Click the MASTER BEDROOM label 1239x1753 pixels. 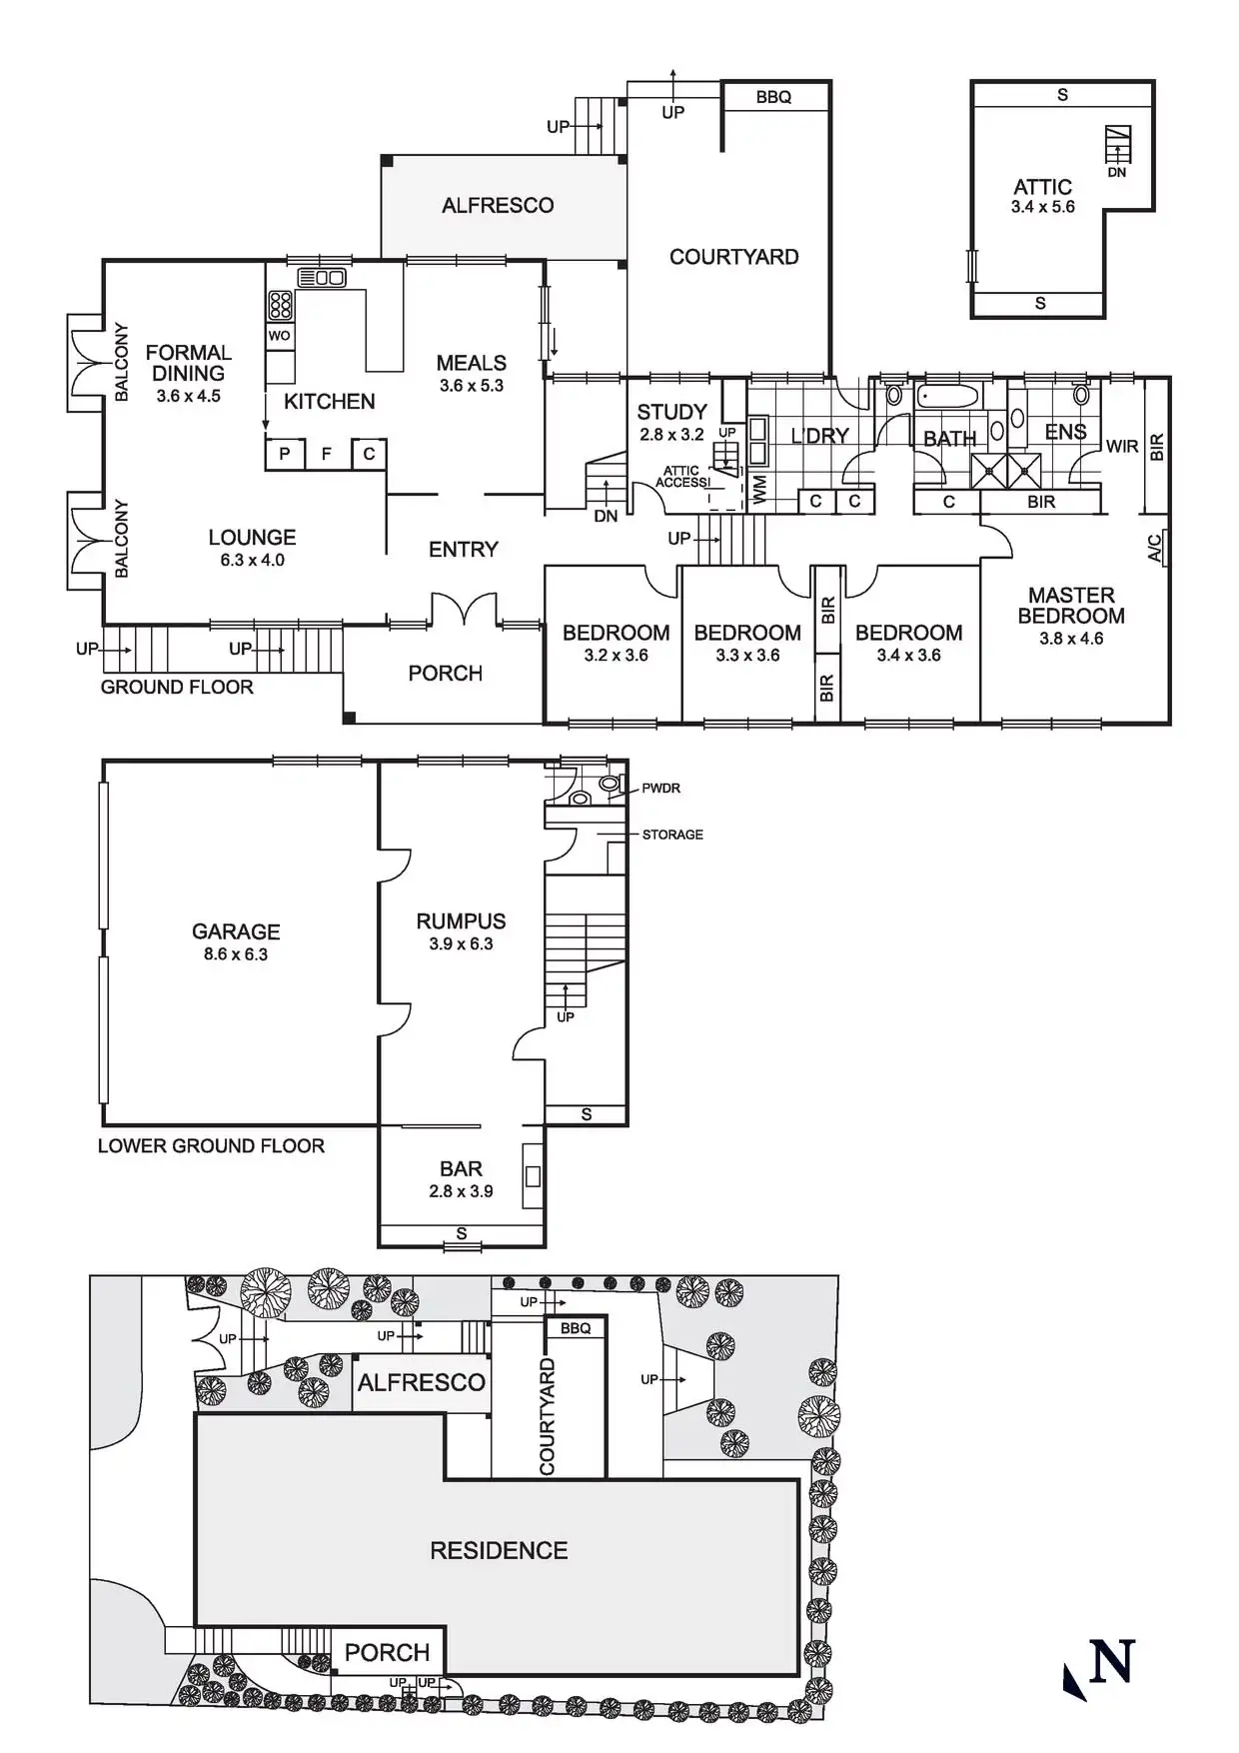[1070, 606]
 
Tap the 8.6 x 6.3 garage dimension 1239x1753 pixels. [236, 954]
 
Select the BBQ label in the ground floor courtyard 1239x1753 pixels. [773, 97]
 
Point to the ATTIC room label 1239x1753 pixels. [1042, 187]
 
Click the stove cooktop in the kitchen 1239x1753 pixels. [281, 305]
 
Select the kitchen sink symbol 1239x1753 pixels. [322, 278]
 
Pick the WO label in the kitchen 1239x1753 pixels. [280, 336]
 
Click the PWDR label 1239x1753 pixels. [660, 789]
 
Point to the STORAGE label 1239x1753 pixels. [672, 835]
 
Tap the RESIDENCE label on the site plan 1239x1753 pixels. [499, 1550]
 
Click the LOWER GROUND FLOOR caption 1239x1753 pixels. [211, 1145]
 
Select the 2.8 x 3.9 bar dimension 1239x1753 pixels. [461, 1191]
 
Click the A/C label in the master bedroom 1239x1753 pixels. [1155, 548]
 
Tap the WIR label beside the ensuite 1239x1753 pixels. [1122, 447]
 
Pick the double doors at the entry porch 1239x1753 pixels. [464, 610]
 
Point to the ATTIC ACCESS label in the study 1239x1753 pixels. [682, 477]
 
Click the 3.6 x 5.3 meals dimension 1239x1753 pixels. [472, 386]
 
